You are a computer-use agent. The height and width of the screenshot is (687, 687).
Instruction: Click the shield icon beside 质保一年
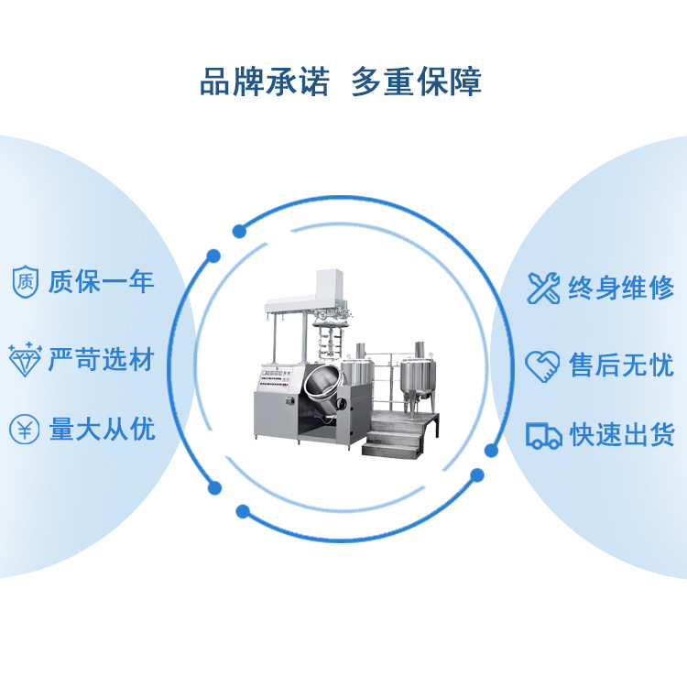pos(25,281)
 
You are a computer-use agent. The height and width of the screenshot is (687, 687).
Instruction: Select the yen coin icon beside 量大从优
pos(25,429)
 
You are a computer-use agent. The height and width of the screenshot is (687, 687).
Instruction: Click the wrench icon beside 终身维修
pos(543,288)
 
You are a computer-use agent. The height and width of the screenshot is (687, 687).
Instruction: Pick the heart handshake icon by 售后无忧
pos(542,365)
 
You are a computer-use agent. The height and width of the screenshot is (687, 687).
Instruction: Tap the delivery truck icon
pos(543,435)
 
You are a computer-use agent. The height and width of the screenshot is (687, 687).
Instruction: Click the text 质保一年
pos(101,281)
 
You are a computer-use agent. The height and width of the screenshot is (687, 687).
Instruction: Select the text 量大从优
pos(101,429)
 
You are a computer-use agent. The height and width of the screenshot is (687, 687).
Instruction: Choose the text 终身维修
pos(621,288)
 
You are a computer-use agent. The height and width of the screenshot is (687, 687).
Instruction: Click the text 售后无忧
pos(621,365)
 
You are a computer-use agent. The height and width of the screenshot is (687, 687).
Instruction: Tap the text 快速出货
pos(621,435)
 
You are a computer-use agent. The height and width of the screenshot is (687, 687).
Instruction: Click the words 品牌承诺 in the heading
pos(264,83)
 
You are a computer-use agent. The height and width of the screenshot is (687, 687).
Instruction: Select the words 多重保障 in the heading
pos(417,83)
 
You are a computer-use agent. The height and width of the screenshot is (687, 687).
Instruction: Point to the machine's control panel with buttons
pos(276,376)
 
